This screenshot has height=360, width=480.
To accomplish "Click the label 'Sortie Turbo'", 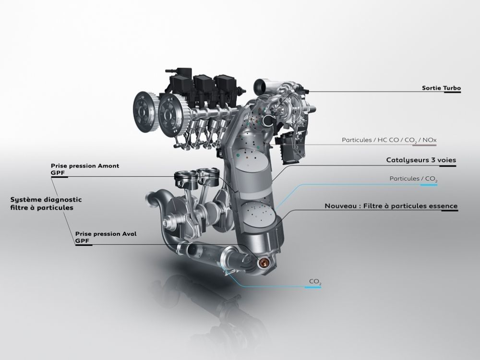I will (441, 88).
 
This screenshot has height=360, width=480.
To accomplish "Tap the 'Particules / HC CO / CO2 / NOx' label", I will (389, 140).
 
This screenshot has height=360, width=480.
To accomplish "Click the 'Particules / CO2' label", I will (413, 179).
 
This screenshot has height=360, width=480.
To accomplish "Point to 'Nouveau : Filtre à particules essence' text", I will (391, 206).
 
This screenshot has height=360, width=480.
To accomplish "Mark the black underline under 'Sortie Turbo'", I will (452, 93).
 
